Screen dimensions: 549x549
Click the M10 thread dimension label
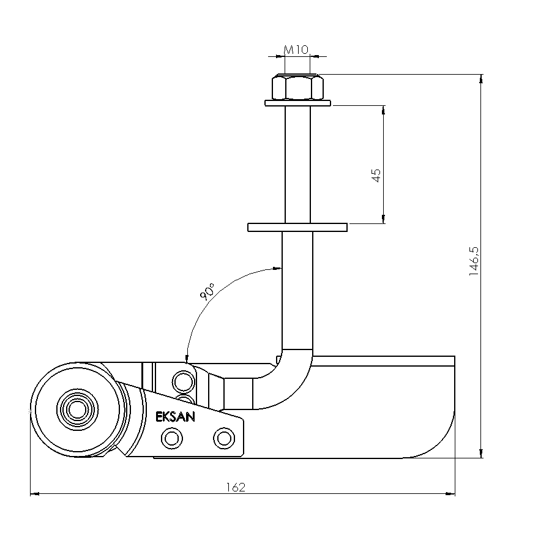point(296,50)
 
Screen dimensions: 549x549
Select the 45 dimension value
point(376,176)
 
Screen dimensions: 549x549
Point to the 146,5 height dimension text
point(474,261)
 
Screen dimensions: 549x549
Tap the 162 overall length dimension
point(236,487)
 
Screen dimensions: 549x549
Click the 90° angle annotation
point(207,292)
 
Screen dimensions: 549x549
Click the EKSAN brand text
point(175,417)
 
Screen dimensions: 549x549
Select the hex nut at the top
point(297,87)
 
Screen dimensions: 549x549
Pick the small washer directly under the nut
point(297,103)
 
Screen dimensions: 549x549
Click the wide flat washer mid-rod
point(297,227)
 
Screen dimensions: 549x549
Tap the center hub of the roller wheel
point(77,409)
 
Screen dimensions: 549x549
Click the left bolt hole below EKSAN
point(171,438)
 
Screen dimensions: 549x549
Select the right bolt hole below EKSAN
point(224,438)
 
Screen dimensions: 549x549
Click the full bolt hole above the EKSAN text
point(184,382)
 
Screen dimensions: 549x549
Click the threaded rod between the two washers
point(297,165)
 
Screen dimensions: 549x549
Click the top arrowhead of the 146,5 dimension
point(481,79)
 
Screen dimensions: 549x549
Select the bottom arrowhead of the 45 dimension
point(383,219)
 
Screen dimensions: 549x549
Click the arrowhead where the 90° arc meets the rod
point(277,269)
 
